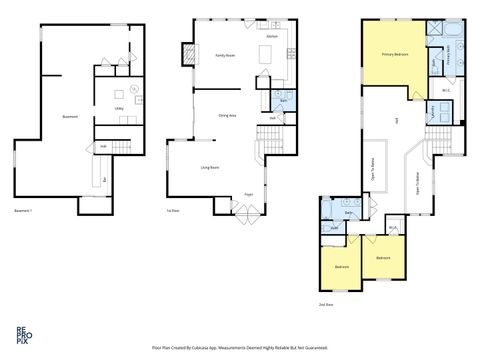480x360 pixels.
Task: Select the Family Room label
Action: [225, 56]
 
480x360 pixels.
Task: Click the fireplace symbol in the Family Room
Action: [185, 51]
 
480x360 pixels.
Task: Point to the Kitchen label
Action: [271, 36]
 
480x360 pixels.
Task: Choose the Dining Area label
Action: [227, 116]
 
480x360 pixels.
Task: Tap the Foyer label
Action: [248, 195]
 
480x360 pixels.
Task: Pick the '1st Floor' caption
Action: [172, 211]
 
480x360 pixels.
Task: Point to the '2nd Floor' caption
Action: [325, 303]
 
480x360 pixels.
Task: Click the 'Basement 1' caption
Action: [23, 211]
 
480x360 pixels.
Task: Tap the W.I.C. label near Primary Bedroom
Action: [446, 92]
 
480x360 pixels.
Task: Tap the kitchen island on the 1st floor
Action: [261, 55]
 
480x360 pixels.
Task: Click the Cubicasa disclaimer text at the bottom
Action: [240, 347]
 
